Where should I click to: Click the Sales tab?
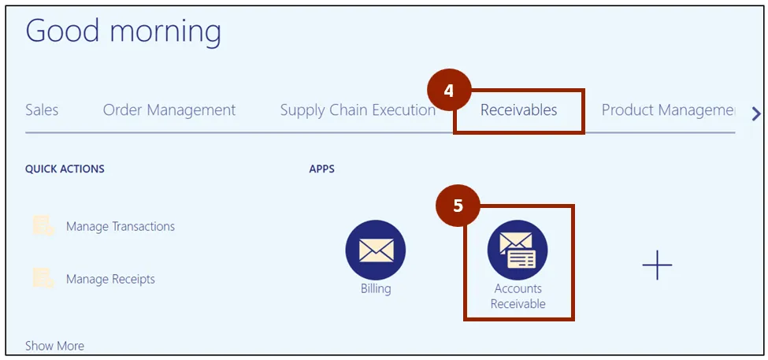point(42,110)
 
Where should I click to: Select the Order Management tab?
point(169,110)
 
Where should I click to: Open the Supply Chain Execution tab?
point(358,110)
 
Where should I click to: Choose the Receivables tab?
point(519,110)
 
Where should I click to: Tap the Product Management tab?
point(668,110)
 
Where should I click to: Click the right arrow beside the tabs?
point(756,114)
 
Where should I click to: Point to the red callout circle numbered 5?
point(458,206)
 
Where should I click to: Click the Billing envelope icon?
point(376,250)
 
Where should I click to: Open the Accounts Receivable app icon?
point(518,251)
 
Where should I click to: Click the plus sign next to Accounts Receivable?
point(657,266)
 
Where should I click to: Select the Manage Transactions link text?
point(121,227)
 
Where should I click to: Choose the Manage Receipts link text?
point(110,279)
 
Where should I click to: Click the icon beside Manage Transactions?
point(43,226)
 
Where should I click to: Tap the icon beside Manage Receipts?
point(43,278)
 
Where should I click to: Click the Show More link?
point(54,346)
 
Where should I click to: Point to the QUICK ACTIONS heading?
point(65,169)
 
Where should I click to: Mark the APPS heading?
point(322,169)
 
